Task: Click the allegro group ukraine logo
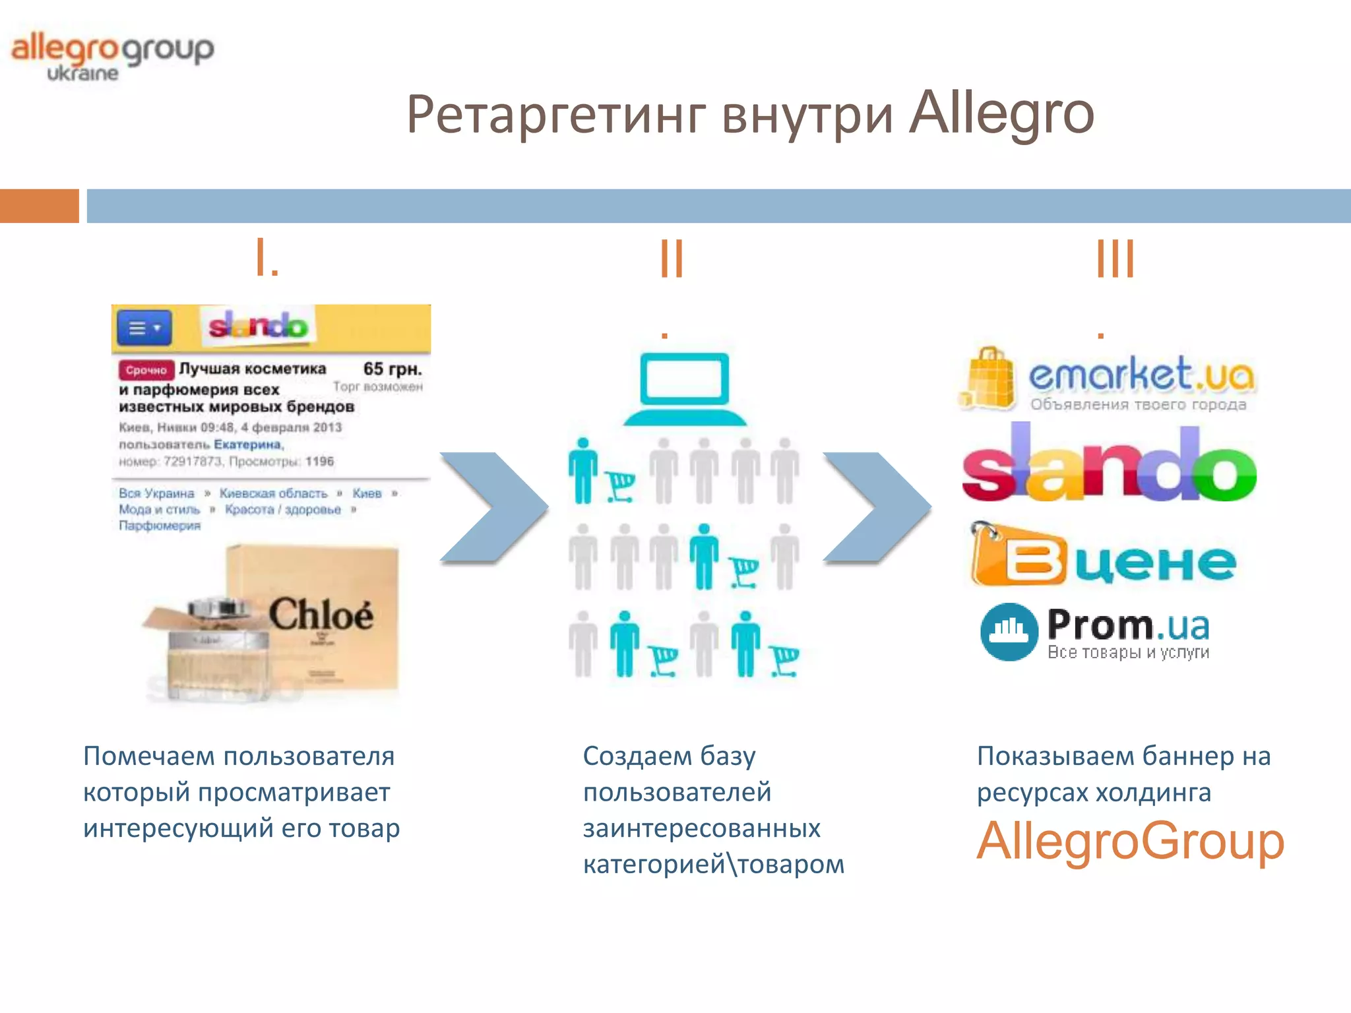pyautogui.click(x=112, y=57)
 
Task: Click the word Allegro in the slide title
pyautogui.click(x=1001, y=113)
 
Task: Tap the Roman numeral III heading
pyautogui.click(x=1115, y=259)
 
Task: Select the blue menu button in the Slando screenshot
pyautogui.click(x=144, y=328)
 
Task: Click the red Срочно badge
pyautogui.click(x=146, y=370)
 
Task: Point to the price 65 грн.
pyautogui.click(x=392, y=369)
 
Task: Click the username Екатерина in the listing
pyautogui.click(x=247, y=445)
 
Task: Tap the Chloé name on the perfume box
pyautogui.click(x=321, y=615)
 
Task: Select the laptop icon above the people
pyautogui.click(x=685, y=389)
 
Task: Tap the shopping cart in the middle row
pyautogui.click(x=744, y=571)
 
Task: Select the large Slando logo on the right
pyautogui.click(x=1109, y=465)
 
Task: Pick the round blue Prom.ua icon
pyautogui.click(x=1009, y=631)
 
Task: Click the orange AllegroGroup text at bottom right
pyautogui.click(x=1130, y=841)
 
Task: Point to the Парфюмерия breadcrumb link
pyautogui.click(x=160, y=526)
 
